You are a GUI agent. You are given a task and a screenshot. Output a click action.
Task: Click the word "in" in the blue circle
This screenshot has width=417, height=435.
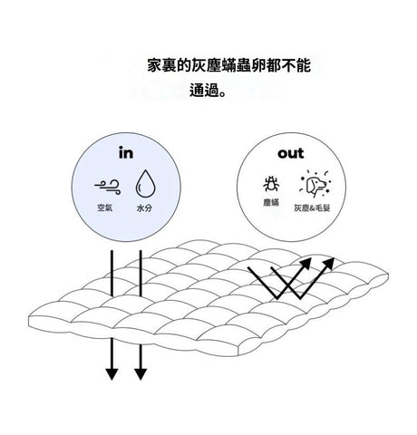[126, 152]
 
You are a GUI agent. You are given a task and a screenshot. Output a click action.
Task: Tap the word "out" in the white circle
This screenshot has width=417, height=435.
[291, 153]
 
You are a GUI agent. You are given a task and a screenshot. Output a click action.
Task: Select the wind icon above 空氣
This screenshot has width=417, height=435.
[108, 187]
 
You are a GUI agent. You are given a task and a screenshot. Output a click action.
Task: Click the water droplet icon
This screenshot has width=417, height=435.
[145, 184]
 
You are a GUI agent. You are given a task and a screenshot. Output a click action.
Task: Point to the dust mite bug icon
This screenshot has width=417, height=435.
[271, 184]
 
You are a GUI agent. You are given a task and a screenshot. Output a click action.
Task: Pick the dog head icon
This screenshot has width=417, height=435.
[315, 184]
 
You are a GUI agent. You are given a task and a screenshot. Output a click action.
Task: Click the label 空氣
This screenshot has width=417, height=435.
[105, 208]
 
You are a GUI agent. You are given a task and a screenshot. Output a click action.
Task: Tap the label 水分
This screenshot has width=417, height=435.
[144, 208]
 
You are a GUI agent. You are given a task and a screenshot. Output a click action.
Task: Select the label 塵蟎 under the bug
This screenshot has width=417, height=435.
[271, 202]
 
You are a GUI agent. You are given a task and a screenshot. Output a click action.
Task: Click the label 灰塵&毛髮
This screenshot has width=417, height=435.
[312, 208]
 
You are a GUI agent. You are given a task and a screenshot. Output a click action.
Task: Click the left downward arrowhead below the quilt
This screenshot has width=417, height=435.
[112, 374]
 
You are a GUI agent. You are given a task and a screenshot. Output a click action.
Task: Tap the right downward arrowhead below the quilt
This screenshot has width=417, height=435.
[141, 374]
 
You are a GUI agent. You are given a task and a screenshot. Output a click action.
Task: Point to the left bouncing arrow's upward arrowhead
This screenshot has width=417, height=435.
[305, 264]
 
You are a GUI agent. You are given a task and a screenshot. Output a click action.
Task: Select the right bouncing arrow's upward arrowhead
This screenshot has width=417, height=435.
[328, 264]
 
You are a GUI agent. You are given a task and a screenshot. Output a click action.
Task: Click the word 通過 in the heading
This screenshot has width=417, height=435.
[204, 90]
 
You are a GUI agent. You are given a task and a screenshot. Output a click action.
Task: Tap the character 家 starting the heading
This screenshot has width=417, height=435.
[154, 65]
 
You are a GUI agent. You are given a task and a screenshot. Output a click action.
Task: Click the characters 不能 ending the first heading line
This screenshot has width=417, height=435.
[296, 65]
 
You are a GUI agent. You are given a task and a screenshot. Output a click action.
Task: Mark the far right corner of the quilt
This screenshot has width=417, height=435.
[388, 275]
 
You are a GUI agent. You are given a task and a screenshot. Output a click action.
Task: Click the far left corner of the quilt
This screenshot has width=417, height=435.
[29, 317]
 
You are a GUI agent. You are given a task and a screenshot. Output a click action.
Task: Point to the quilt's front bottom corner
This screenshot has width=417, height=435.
[238, 355]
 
